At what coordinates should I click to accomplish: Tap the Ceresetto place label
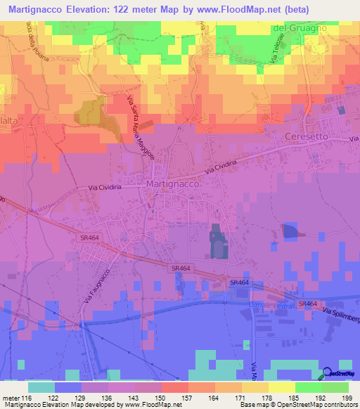(x=307, y=136)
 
